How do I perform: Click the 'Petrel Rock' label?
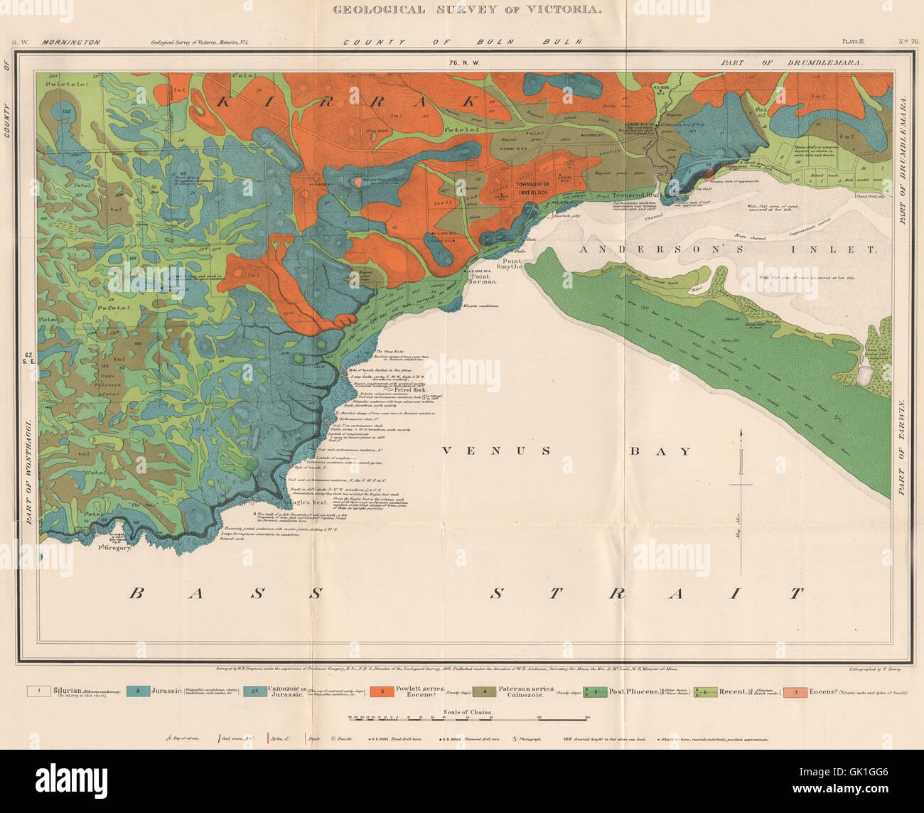[x=396, y=390]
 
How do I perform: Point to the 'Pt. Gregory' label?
[x=116, y=549]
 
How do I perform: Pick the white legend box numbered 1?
[x=41, y=690]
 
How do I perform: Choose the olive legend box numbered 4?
[x=485, y=690]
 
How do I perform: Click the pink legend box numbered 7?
[x=795, y=690]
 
